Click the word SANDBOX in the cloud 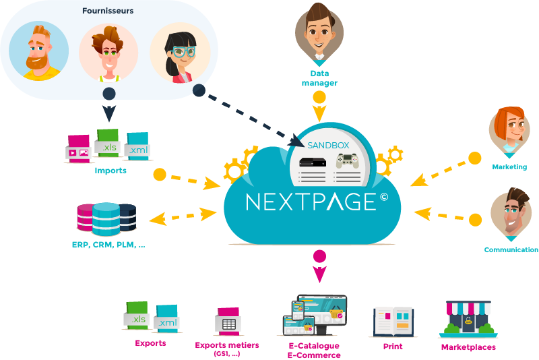(x=328, y=145)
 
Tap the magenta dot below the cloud (x=320, y=256)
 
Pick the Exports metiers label (x=226, y=345)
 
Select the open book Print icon (x=393, y=322)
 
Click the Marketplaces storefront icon (x=468, y=319)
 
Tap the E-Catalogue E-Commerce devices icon (x=315, y=316)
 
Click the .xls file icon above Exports (x=136, y=316)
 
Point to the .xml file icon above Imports (x=137, y=146)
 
